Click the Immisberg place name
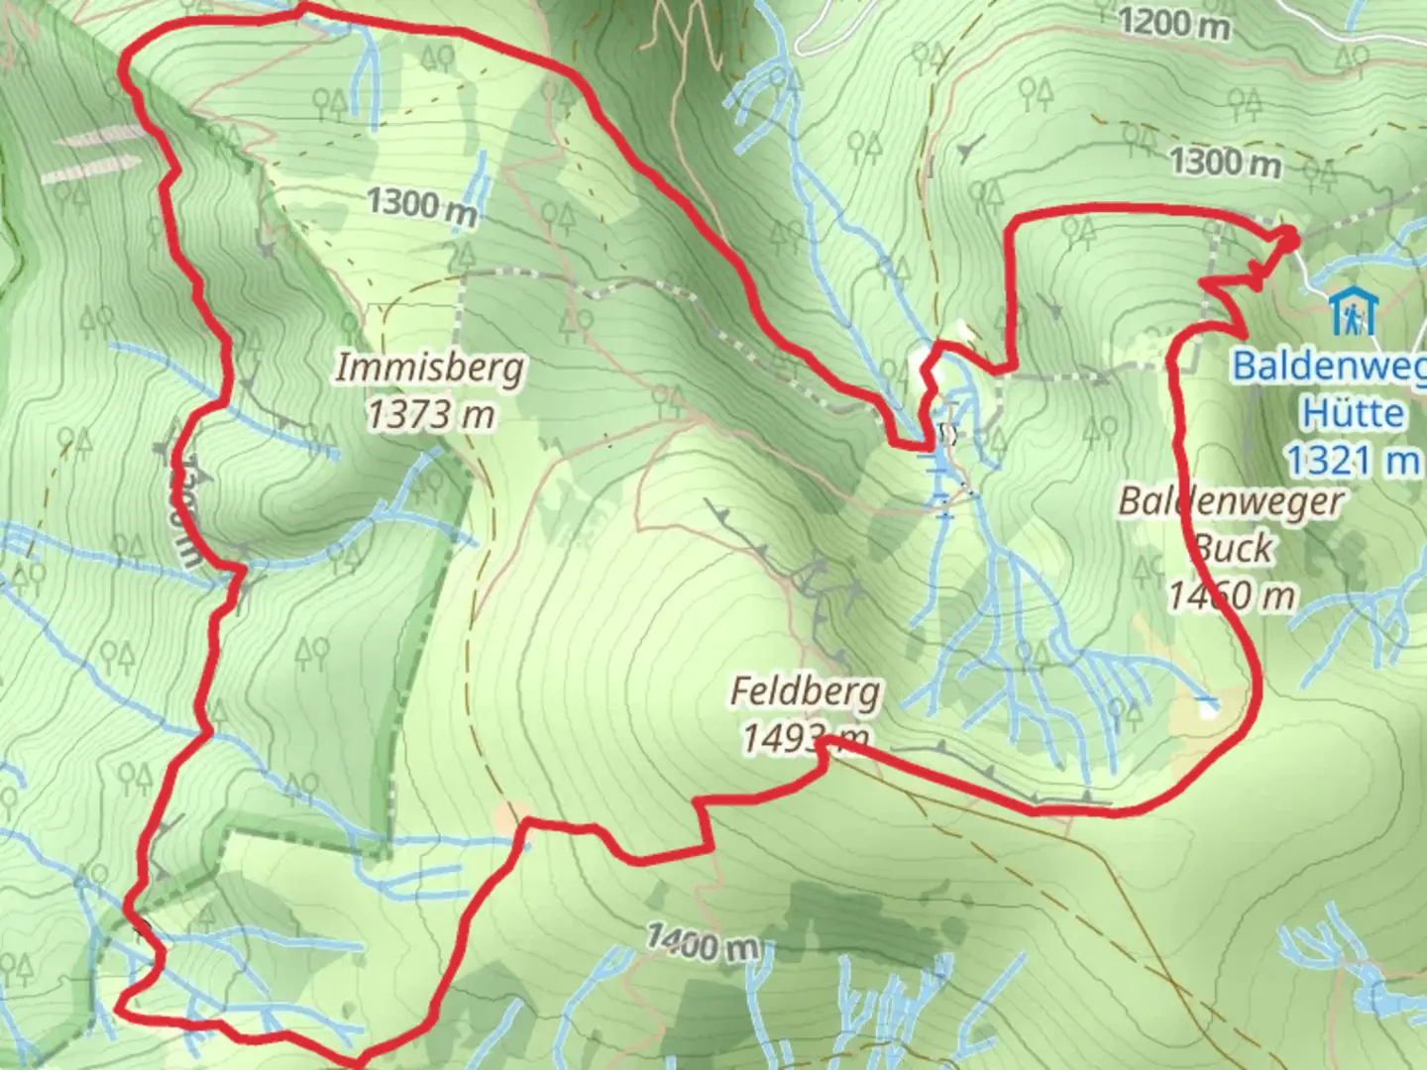(429, 368)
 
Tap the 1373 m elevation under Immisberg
(429, 413)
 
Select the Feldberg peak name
(805, 691)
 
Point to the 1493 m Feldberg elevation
(805, 737)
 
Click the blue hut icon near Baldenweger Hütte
(1352, 311)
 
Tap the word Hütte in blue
(1352, 412)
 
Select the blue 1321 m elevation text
(1352, 460)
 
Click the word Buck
(1234, 547)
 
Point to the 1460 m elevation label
(1231, 594)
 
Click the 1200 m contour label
(1173, 22)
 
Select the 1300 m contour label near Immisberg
(421, 204)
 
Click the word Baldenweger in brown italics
(1231, 501)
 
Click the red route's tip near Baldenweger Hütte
(1292, 233)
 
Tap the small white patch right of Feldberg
(1207, 707)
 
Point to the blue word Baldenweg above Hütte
(1328, 366)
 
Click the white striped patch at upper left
(94, 154)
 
